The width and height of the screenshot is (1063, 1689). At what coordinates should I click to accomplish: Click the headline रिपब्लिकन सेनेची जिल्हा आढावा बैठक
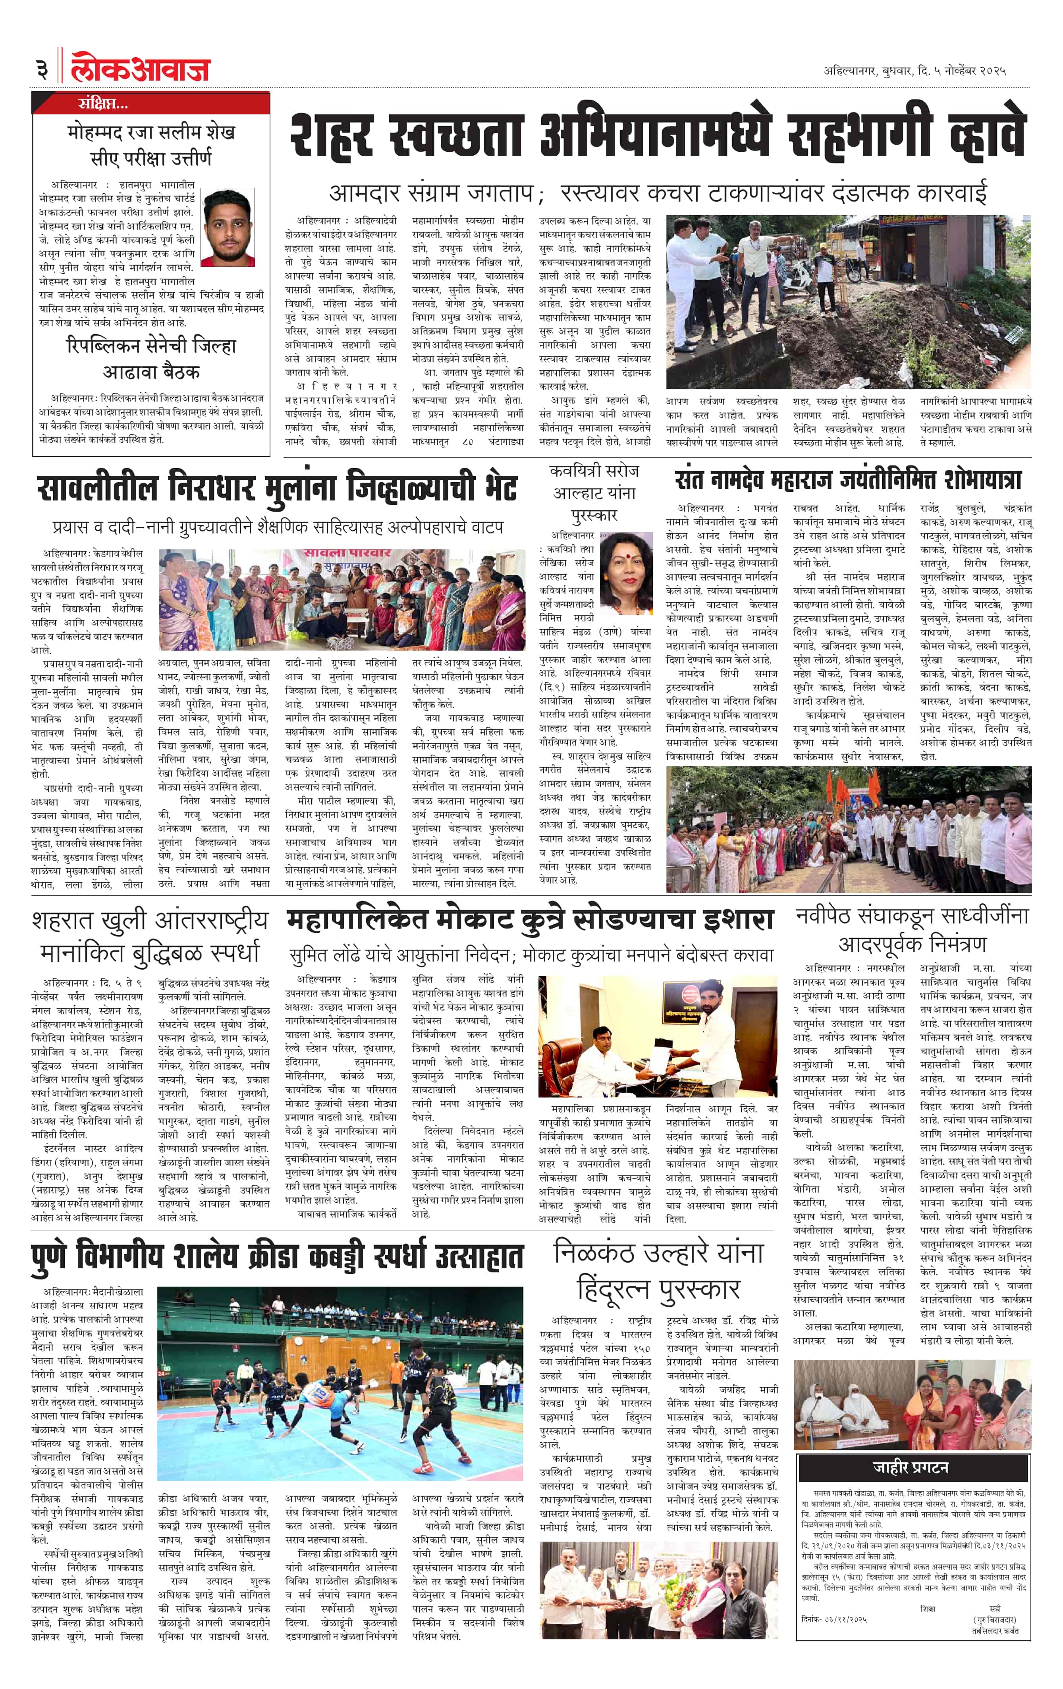pyautogui.click(x=151, y=358)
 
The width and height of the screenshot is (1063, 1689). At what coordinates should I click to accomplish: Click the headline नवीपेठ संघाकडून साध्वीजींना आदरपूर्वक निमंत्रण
pyautogui.click(x=912, y=930)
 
